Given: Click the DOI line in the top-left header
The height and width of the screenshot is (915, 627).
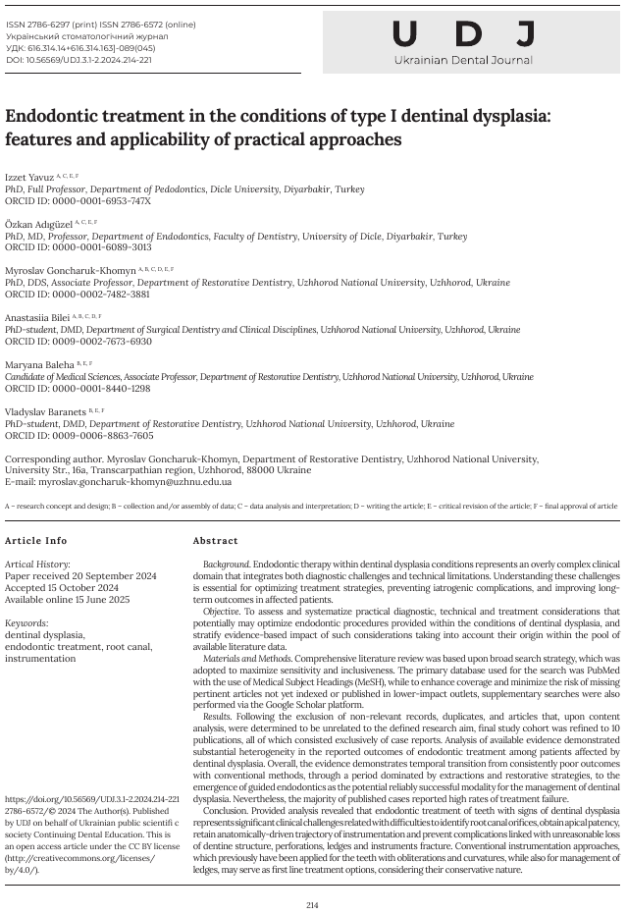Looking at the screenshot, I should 78,60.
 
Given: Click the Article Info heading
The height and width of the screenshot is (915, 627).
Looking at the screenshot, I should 36,541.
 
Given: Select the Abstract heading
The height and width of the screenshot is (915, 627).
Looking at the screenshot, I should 215,541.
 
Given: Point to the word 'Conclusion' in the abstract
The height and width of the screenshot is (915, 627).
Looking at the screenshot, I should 227,810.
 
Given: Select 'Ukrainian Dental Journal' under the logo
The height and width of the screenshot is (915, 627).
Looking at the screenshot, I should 463,61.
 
